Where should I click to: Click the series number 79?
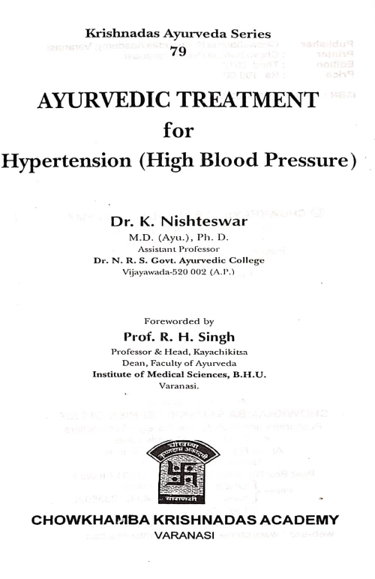pyautogui.click(x=178, y=51)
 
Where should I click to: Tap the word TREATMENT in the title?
pyautogui.click(x=247, y=102)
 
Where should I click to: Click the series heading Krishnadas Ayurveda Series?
pyautogui.click(x=178, y=34)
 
